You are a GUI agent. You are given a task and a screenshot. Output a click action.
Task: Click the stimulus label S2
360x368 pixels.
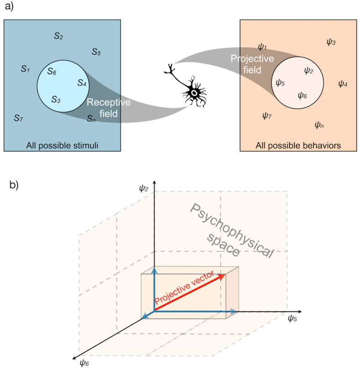(x=58, y=36)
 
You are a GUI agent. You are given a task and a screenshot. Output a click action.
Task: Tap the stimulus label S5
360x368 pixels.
(x=96, y=52)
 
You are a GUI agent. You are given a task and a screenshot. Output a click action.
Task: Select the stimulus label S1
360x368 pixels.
(x=25, y=69)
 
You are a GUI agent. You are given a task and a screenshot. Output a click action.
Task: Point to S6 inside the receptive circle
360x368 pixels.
(x=52, y=72)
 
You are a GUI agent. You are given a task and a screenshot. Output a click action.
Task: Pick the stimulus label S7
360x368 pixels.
(x=18, y=118)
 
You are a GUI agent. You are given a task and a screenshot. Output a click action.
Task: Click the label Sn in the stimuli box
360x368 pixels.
(x=92, y=119)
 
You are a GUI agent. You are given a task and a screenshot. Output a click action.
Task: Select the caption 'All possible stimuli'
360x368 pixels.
(x=62, y=145)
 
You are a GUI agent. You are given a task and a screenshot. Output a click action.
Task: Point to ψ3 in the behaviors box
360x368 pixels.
(x=331, y=42)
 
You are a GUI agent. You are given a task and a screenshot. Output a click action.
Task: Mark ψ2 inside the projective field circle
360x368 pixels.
(x=308, y=70)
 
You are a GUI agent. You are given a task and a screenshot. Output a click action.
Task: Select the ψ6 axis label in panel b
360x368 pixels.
(x=84, y=363)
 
